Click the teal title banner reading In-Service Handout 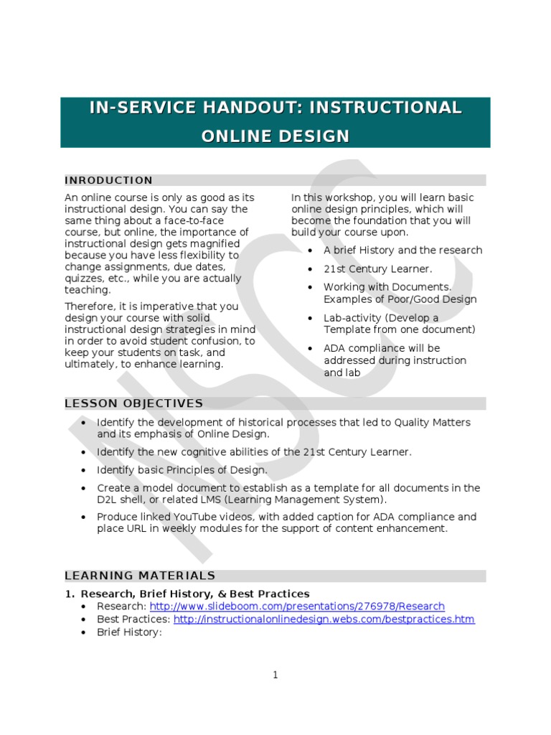point(275,122)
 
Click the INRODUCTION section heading point(109,180)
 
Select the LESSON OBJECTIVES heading point(134,403)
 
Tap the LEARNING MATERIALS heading point(140,576)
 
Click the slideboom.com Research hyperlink point(297,607)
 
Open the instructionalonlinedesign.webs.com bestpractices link point(324,619)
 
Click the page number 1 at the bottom point(275,675)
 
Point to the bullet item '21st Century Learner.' point(377,269)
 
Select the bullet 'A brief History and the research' point(402,251)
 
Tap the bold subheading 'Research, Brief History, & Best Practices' point(195,594)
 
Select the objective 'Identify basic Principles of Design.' point(182,470)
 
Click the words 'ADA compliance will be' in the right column point(382,348)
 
